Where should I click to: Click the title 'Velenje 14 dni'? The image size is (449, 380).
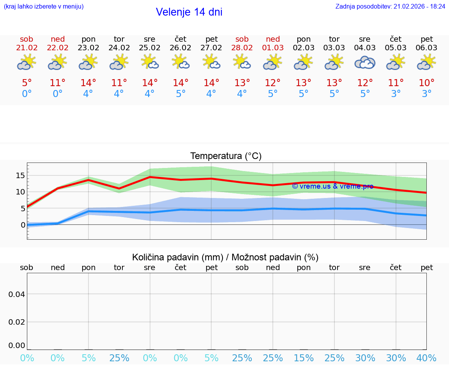[x=189, y=12]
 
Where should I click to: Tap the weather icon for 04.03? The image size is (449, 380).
[x=365, y=62]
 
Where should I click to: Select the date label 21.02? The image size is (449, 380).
[x=27, y=48]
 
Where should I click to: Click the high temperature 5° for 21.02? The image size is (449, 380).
[x=27, y=83]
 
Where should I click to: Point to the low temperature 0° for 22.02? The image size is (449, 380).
[x=58, y=94]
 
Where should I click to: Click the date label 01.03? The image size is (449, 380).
[x=273, y=48]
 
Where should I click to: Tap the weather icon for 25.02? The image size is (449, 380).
[x=150, y=62]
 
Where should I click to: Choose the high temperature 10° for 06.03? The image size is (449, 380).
[x=427, y=83]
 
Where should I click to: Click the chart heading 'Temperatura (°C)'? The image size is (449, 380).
[x=226, y=156]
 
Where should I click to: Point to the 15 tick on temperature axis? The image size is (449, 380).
[x=20, y=175]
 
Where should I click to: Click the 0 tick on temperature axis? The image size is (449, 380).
[x=23, y=225]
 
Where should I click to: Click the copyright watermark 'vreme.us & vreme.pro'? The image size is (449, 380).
[x=332, y=186]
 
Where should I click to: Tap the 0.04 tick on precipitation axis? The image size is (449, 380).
[x=17, y=294]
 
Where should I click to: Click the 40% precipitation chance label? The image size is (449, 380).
[x=427, y=358]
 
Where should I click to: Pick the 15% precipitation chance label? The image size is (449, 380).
[x=304, y=358]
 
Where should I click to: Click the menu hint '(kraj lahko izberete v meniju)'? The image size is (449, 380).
[x=44, y=7]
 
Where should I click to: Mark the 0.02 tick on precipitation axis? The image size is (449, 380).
[x=17, y=322]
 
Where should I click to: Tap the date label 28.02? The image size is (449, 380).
[x=242, y=48]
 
